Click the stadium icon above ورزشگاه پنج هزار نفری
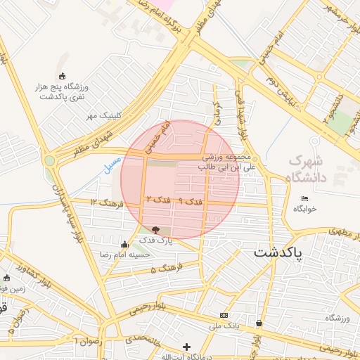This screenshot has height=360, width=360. [63, 76]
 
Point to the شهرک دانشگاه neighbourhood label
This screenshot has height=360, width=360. [308, 169]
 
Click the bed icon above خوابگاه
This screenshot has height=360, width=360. [304, 198]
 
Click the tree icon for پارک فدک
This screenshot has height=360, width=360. [155, 230]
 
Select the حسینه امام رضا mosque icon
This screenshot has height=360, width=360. [125, 244]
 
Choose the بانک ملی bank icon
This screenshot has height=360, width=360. [224, 315]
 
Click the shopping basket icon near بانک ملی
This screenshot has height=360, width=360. [259, 323]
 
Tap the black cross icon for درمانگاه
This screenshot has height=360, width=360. [186, 346]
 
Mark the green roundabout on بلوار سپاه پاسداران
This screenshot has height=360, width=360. [49, 160]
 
